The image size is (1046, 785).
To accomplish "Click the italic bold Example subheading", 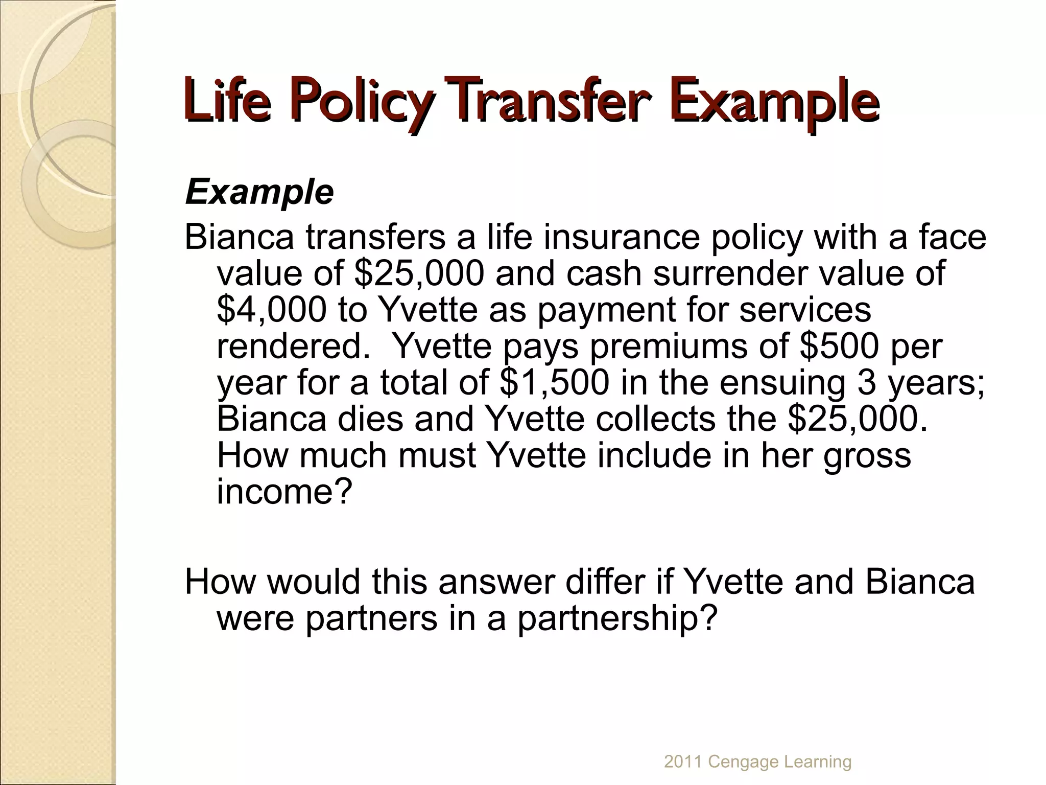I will [x=259, y=193].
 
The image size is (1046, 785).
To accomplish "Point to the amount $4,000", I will [x=271, y=310].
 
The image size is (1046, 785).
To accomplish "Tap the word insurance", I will [x=621, y=237].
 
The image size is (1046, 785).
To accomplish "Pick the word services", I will [x=805, y=310].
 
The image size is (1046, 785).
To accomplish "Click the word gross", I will [x=867, y=456].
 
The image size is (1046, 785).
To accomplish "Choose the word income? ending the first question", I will [x=284, y=491].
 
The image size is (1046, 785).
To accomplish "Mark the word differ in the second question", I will [x=603, y=582].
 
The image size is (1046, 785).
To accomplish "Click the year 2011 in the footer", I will [x=683, y=761].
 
